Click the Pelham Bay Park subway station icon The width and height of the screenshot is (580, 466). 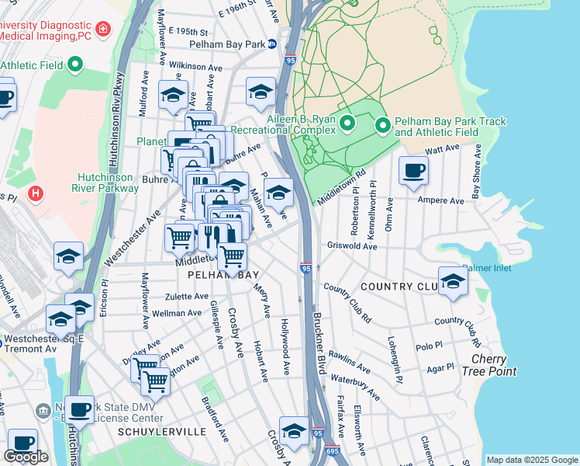(x=271, y=44)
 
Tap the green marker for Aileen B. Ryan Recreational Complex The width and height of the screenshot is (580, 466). (x=347, y=123)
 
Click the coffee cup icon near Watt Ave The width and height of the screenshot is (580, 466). (x=413, y=170)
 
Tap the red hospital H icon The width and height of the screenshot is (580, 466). (x=34, y=192)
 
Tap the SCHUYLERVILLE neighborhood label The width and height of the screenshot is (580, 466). (x=161, y=431)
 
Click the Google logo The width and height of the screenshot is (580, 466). (x=26, y=457)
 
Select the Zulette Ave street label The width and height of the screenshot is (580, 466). (x=185, y=297)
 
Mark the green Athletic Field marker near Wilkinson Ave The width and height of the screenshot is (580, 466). (x=75, y=65)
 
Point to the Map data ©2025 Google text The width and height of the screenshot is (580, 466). (x=532, y=460)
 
